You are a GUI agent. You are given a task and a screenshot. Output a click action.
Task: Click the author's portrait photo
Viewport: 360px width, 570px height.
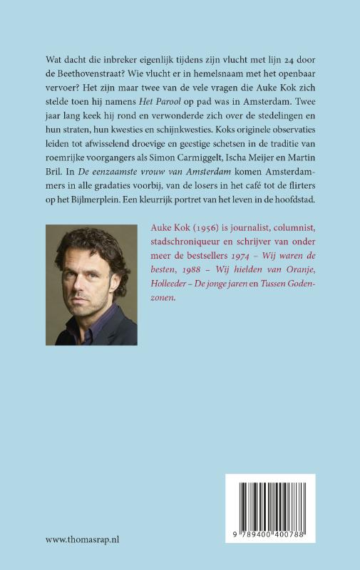[x=91, y=284]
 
